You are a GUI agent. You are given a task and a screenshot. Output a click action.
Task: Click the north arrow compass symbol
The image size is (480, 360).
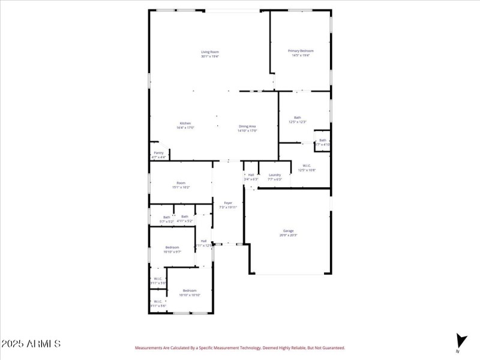click(x=460, y=341)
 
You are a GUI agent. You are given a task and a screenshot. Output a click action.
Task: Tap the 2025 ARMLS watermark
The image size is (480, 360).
click(x=31, y=344)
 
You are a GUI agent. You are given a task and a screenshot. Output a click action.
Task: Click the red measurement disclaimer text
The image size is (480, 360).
click(x=239, y=347)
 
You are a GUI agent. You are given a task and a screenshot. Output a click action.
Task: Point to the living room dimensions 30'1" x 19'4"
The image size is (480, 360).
click(x=210, y=56)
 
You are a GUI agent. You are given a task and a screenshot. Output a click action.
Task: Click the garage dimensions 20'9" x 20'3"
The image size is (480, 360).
click(x=288, y=235)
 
